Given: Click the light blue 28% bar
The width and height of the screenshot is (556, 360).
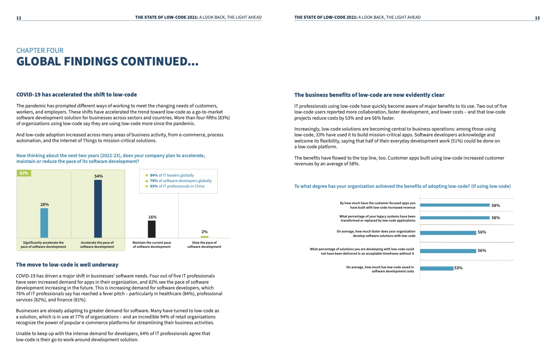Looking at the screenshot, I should coord(44,223).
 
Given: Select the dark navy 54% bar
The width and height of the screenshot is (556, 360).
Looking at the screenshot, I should coord(98,208).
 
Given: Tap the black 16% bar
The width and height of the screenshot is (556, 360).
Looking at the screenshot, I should coord(152,229).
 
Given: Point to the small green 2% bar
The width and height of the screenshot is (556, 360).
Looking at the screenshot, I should coord(204,237).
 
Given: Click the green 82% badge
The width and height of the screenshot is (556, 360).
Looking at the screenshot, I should coord(24,173).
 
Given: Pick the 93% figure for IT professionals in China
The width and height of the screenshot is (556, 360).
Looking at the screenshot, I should coord(154,186).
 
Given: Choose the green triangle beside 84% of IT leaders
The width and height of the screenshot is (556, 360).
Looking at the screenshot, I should coord(147,175).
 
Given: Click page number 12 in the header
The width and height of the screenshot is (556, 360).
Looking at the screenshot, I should coord(19,18).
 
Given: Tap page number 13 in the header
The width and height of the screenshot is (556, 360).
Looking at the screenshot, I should coord(537,18).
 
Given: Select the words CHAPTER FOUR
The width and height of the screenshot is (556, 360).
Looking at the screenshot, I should coord(40,50).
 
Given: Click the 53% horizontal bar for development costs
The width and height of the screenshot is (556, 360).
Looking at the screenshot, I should coord(436,268).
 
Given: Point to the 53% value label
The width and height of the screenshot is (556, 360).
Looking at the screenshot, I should coord(459,268).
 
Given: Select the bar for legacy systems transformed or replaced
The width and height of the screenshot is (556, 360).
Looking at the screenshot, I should coord(454,217).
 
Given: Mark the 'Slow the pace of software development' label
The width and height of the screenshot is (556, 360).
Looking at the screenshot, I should coord(204,245).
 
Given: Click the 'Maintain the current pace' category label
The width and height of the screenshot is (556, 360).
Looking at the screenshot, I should coord(152,245).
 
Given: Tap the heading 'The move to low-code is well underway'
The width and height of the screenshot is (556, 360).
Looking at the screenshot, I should coord(67,265).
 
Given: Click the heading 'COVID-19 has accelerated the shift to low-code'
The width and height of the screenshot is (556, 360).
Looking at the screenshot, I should coord(77,94).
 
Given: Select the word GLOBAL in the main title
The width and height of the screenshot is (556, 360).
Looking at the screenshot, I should coord(38,62).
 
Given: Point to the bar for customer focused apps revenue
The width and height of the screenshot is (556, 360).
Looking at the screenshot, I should coord(454,205).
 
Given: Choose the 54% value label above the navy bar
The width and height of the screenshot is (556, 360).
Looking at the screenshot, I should coord(98,176).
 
